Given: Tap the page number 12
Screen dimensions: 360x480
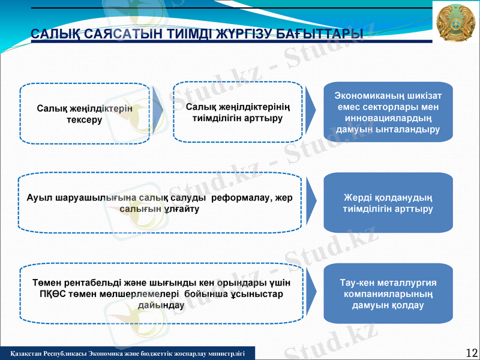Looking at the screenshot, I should tap(471, 352).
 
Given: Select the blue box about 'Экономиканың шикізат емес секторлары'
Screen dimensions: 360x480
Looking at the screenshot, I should tap(388, 112).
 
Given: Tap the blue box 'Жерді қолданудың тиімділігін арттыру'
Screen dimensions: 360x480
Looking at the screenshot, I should tap(388, 203).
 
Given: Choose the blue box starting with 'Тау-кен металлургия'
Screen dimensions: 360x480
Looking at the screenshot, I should tap(388, 294).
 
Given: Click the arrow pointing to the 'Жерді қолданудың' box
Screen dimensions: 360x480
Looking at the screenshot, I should tap(310, 203).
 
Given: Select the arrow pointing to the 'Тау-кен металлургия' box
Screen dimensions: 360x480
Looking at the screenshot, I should tap(310, 294).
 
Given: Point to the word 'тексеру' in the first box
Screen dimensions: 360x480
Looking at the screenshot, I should tap(84, 120).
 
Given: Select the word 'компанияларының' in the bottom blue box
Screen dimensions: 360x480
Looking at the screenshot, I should tap(388, 294).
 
